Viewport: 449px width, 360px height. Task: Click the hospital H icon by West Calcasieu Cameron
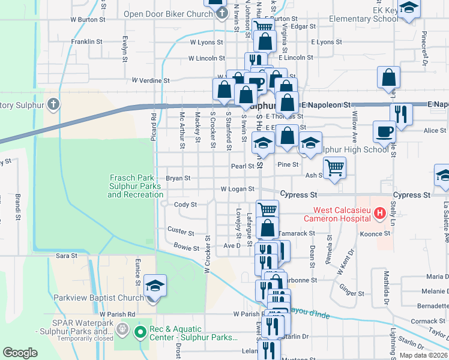[379, 213]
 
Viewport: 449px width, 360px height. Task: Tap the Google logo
[20, 353]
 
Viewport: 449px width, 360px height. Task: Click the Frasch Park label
[135, 186]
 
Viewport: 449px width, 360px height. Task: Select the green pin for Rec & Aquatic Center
[140, 331]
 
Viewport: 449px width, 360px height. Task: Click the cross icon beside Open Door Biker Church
[222, 13]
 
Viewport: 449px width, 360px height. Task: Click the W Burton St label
[88, 19]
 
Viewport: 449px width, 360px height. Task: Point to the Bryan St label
[178, 178]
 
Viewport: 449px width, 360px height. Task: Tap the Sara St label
[67, 256]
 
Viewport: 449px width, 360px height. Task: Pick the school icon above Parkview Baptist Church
[155, 285]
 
